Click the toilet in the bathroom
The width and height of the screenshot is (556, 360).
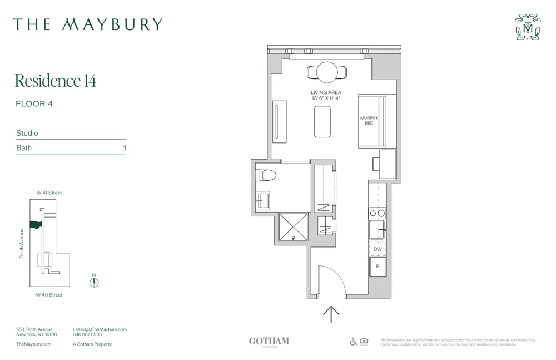[268, 176]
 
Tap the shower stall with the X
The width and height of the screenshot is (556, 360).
[292, 227]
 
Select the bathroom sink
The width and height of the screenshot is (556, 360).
[262, 200]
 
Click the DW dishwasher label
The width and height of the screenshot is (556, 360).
[378, 249]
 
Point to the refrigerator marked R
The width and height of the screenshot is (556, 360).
[378, 267]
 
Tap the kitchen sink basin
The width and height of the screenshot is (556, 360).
[377, 229]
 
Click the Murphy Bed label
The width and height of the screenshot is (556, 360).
[369, 120]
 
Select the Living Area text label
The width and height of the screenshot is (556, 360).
[326, 92]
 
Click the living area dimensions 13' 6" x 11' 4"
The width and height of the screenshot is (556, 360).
[326, 98]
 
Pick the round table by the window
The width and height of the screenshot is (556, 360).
[326, 72]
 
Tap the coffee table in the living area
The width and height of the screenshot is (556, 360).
[322, 121]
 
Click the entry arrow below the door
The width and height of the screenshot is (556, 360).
[331, 314]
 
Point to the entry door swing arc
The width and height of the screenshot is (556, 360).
[334, 278]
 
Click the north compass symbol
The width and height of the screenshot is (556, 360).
[94, 282]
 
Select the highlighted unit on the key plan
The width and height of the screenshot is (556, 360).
[36, 225]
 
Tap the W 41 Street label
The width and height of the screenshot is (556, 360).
[49, 193]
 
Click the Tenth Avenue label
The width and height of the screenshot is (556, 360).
[22, 243]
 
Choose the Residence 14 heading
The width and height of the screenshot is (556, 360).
[56, 81]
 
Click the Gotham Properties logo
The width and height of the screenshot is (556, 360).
[269, 342]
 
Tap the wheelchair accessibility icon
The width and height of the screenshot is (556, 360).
[354, 342]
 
